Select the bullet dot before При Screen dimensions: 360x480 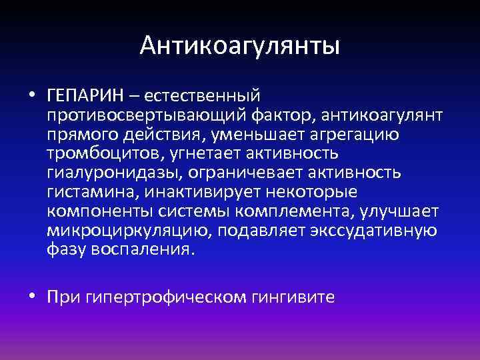[x=33, y=296]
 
